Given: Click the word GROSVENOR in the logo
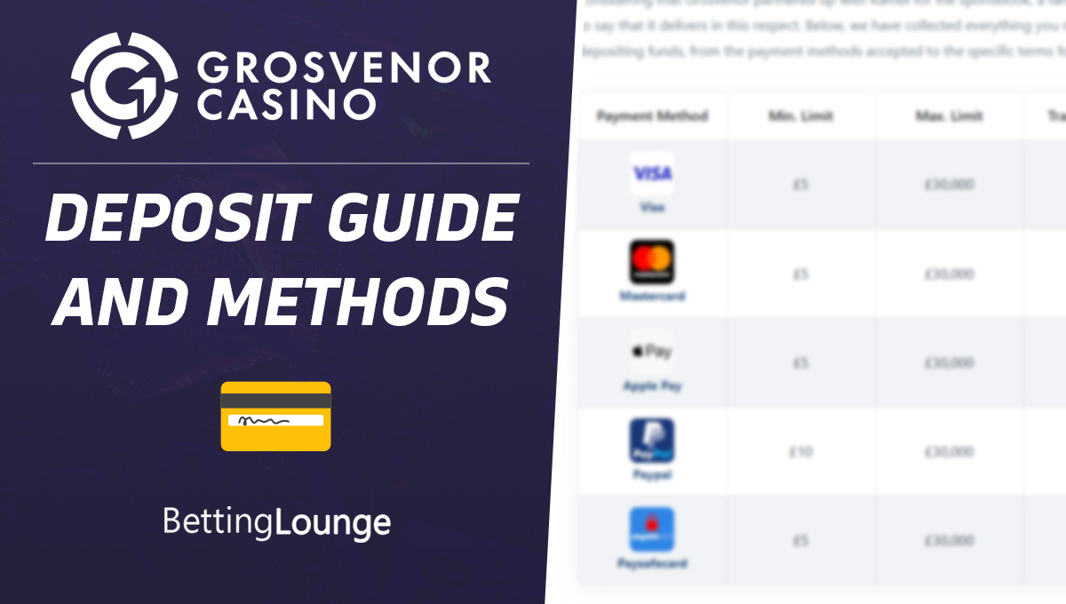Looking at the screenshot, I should pos(344,68).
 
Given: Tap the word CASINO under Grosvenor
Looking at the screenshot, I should pos(287,105).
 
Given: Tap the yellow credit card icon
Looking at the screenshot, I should pos(275,416).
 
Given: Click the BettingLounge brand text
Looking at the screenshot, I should pos(276,521).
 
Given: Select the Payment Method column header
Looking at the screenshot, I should pos(652,116).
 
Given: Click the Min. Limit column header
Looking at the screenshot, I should pos(800,116).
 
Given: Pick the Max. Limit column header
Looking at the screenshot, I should pos(949,116).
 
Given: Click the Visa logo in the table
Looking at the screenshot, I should pos(652,173).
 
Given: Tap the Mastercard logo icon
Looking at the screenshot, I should pos(652,262).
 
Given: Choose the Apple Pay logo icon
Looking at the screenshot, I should pos(652,352).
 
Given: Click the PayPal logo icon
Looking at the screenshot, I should pos(652,441).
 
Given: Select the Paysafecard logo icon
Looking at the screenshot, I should pos(652,529).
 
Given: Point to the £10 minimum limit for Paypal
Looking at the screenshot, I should pos(800,452).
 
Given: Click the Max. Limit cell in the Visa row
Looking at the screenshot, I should pos(949,185).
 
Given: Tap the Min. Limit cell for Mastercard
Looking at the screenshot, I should pos(800,274).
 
